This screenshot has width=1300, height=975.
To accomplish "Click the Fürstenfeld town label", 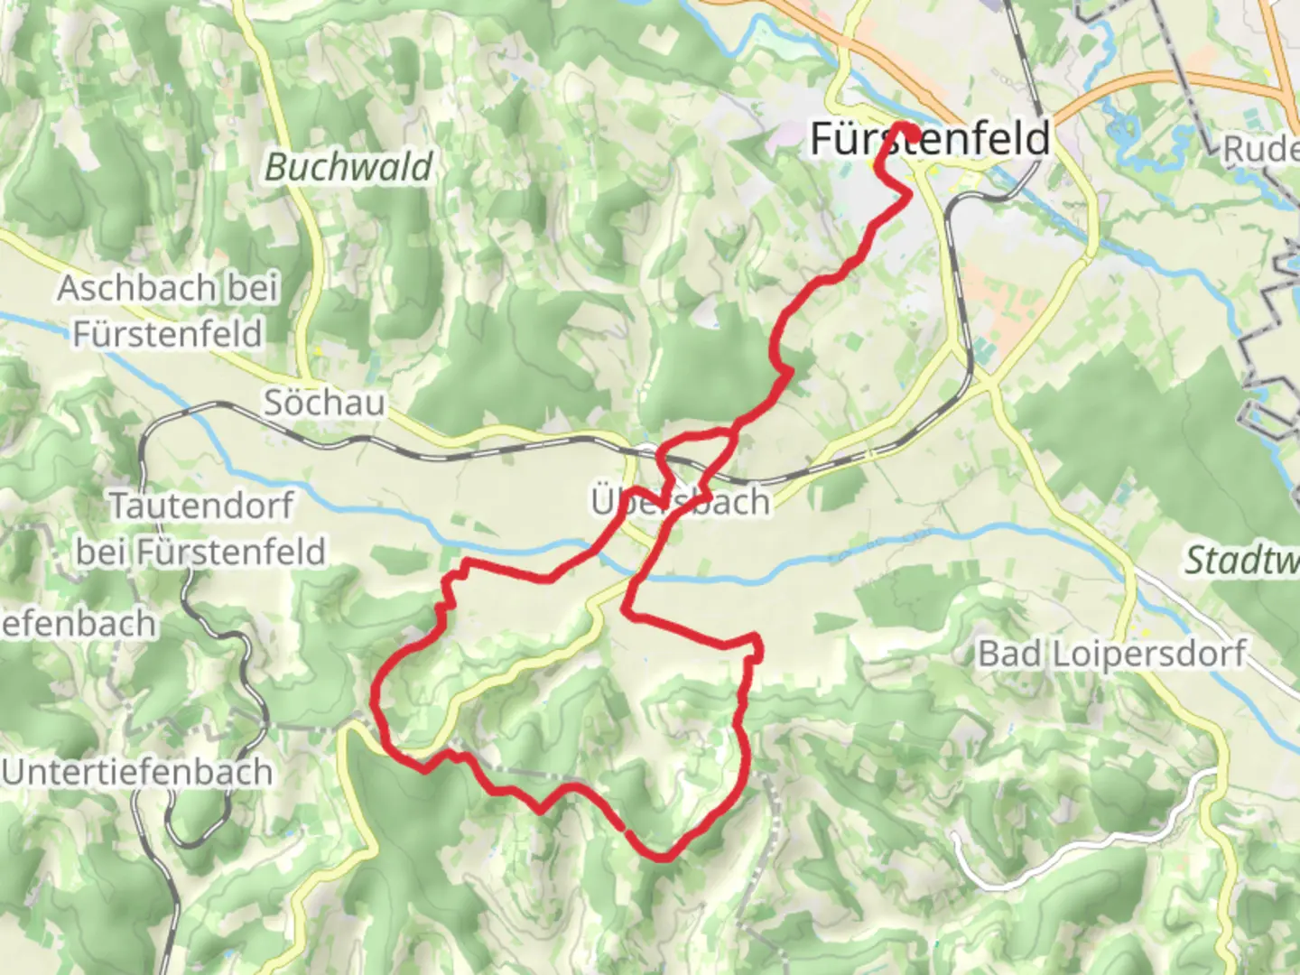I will pyautogui.click(x=930, y=139).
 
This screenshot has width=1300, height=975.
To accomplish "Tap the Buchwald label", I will pyautogui.click(x=348, y=168).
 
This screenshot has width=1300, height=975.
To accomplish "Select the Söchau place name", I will pyautogui.click(x=324, y=403).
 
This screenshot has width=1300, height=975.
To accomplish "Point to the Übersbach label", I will pyautogui.click(x=681, y=502).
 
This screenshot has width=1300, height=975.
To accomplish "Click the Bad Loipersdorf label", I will pyautogui.click(x=1112, y=654).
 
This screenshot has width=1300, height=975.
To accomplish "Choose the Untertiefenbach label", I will pyautogui.click(x=137, y=773).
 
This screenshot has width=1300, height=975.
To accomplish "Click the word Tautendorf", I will pyautogui.click(x=201, y=506).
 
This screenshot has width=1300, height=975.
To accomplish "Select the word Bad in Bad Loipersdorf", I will pyautogui.click(x=1011, y=654).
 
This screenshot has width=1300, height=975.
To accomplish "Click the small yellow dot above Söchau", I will pyautogui.click(x=318, y=350).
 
